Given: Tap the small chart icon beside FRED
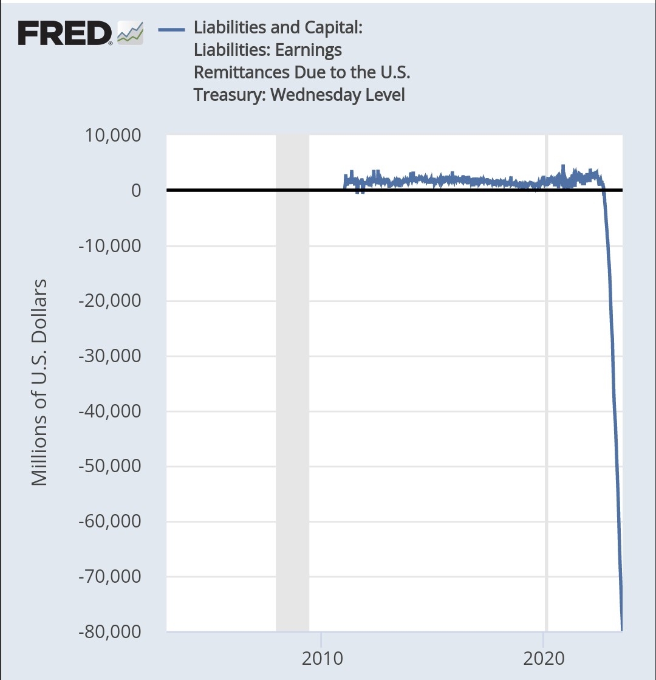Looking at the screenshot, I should pos(130,33).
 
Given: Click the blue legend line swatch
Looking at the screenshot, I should pos(171,28).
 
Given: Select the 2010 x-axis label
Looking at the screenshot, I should pos(320,659).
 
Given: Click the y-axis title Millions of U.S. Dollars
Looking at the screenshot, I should pos(39,383).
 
